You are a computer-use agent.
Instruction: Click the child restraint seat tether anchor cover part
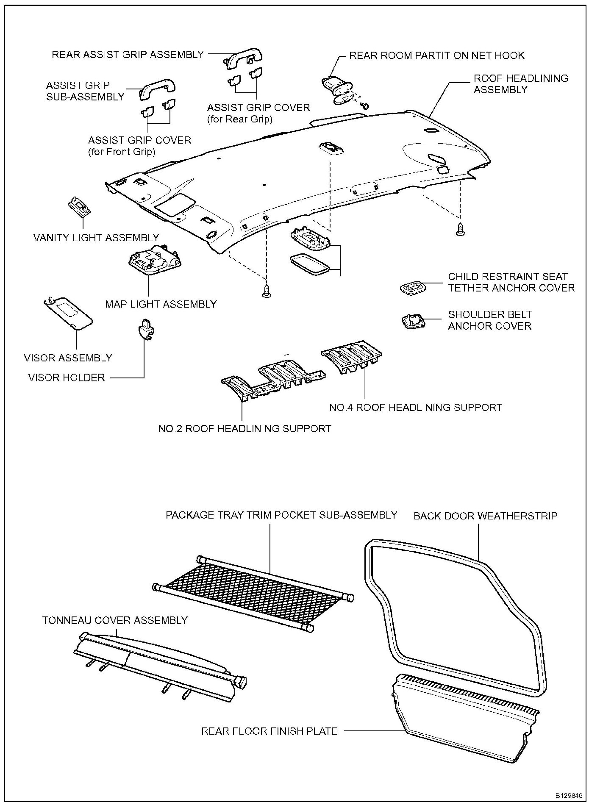(412, 288)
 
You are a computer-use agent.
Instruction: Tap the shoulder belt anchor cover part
(413, 321)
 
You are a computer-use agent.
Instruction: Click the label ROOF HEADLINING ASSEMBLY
(520, 84)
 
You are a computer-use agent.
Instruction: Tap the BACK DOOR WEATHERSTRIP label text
(485, 516)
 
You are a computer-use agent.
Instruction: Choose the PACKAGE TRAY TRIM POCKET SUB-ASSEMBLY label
(281, 515)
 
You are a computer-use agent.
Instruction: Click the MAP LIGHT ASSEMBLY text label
(161, 304)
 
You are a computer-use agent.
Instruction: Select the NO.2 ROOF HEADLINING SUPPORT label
(244, 429)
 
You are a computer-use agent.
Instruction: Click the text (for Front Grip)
(122, 152)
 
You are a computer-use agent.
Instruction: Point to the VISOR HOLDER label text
(67, 378)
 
